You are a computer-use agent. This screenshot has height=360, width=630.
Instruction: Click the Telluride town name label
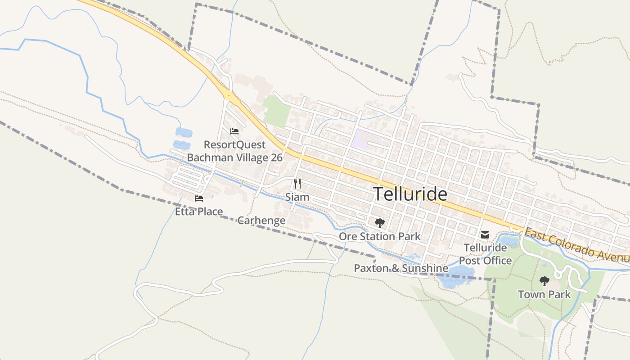click(x=410, y=194)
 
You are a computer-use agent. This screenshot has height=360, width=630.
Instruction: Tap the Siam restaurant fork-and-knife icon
click(x=297, y=184)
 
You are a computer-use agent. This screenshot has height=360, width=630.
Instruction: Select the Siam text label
click(x=297, y=197)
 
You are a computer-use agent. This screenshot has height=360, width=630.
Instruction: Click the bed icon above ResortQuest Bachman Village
click(x=234, y=131)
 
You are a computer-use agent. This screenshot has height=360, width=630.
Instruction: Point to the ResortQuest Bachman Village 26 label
click(x=234, y=151)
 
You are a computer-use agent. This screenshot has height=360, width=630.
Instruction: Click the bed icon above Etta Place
click(x=199, y=198)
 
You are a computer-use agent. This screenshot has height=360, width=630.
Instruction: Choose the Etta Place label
click(x=199, y=211)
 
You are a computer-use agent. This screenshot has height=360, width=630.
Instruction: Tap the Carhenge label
click(x=261, y=220)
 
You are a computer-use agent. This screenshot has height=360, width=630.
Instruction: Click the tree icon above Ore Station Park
click(x=379, y=223)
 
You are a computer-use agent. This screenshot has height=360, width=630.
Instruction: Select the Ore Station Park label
click(x=379, y=236)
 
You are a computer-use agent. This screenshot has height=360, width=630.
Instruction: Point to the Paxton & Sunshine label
click(x=401, y=269)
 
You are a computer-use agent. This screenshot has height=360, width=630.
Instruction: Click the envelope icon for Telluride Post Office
click(x=485, y=234)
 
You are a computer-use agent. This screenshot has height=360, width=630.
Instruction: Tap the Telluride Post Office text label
click(x=485, y=254)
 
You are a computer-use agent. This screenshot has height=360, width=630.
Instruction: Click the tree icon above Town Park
click(x=544, y=282)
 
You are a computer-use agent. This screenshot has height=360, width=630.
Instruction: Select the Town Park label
click(x=544, y=295)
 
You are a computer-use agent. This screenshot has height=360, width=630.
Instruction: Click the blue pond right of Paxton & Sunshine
click(x=455, y=275)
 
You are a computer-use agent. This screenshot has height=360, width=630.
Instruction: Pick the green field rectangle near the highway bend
click(x=276, y=111)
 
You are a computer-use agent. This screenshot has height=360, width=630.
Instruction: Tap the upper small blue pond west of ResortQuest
click(x=184, y=132)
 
